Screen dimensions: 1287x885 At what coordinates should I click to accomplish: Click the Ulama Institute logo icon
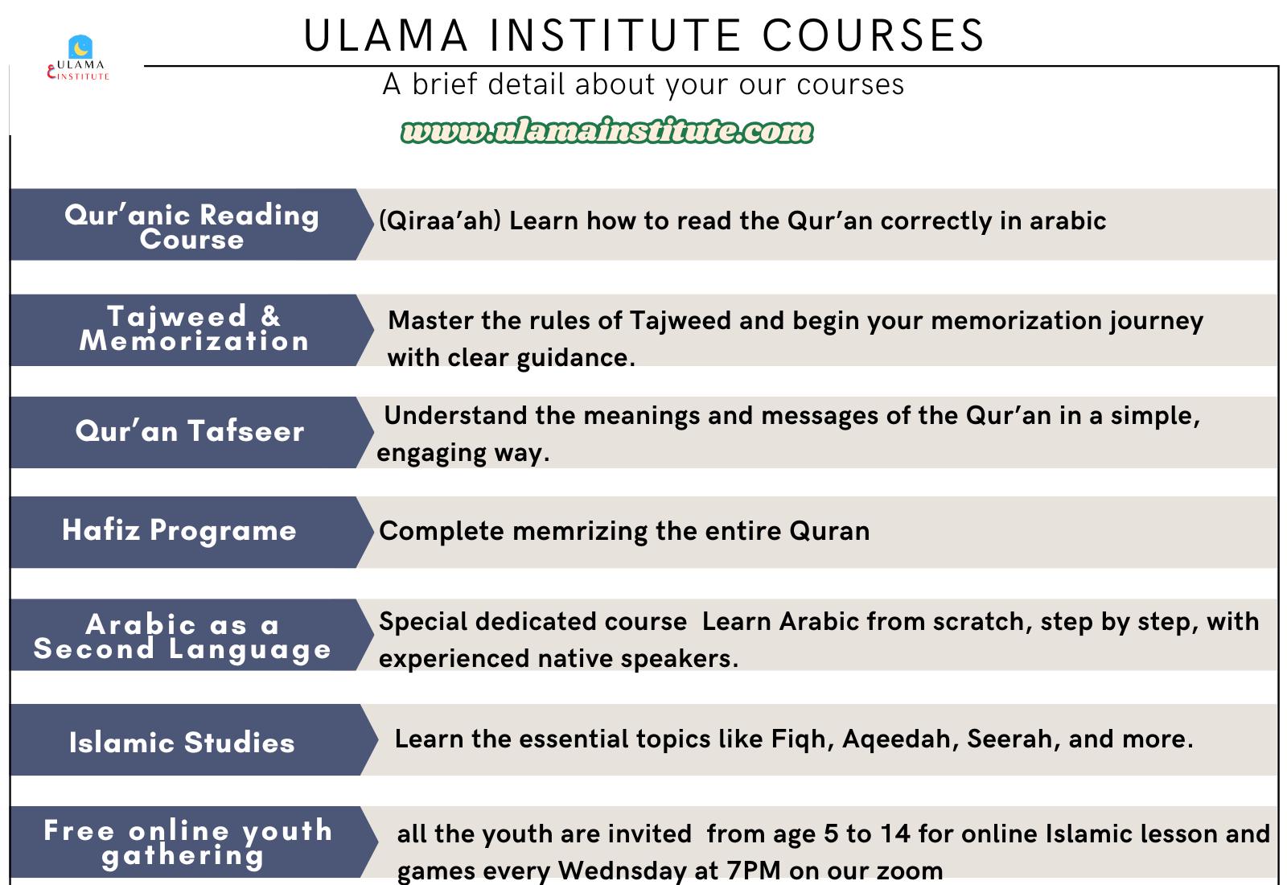click(80, 47)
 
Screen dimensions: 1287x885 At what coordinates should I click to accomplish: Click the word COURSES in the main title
click(874, 35)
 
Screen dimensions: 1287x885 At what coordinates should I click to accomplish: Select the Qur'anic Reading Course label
click(191, 226)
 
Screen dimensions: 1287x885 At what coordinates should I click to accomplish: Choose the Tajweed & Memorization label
click(194, 327)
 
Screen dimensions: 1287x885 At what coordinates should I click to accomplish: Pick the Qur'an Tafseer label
click(190, 431)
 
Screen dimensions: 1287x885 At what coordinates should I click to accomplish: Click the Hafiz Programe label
click(179, 530)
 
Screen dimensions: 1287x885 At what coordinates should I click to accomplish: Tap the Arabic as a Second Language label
click(183, 636)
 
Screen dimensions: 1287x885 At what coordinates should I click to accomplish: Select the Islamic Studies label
click(182, 742)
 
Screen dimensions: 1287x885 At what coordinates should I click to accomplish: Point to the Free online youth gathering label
click(188, 843)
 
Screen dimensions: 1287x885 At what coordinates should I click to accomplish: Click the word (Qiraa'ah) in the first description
click(440, 220)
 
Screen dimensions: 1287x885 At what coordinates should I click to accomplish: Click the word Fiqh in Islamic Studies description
click(802, 739)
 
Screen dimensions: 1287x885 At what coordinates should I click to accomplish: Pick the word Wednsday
click(623, 871)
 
